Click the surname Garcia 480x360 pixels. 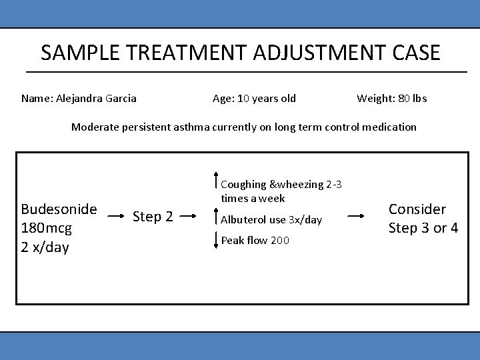tap(121, 99)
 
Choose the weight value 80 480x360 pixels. tap(403, 99)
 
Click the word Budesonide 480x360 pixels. tap(59, 209)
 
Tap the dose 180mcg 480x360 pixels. tap(47, 229)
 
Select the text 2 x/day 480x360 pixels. tap(45, 248)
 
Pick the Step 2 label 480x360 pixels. tap(153, 217)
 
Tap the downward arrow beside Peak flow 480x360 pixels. tap(215, 240)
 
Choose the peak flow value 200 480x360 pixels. tap(280, 241)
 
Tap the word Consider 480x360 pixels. tap(417, 209)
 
